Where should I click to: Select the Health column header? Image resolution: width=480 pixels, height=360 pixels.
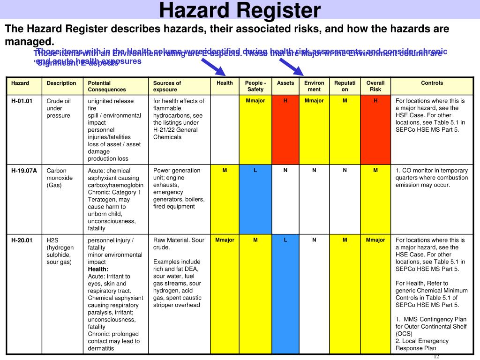[225, 83]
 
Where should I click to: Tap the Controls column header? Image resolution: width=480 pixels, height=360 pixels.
[432, 83]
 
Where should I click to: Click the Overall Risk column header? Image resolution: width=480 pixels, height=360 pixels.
[375, 86]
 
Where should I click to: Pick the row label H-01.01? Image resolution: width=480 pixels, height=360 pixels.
[22, 101]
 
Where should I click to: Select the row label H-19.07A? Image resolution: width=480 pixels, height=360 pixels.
[24, 171]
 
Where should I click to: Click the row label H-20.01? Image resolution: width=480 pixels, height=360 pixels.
[22, 240]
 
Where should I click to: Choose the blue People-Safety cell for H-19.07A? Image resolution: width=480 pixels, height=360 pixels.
[255, 199]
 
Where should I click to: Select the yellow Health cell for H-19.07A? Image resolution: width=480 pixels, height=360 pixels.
[225, 199]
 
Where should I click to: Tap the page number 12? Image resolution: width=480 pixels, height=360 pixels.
[436, 356]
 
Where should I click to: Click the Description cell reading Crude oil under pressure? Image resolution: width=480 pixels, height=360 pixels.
[59, 108]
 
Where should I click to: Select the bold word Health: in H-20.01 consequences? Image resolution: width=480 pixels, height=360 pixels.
[98, 269]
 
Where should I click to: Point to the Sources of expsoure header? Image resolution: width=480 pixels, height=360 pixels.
[167, 86]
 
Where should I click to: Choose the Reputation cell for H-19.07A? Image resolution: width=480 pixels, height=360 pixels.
[345, 199]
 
